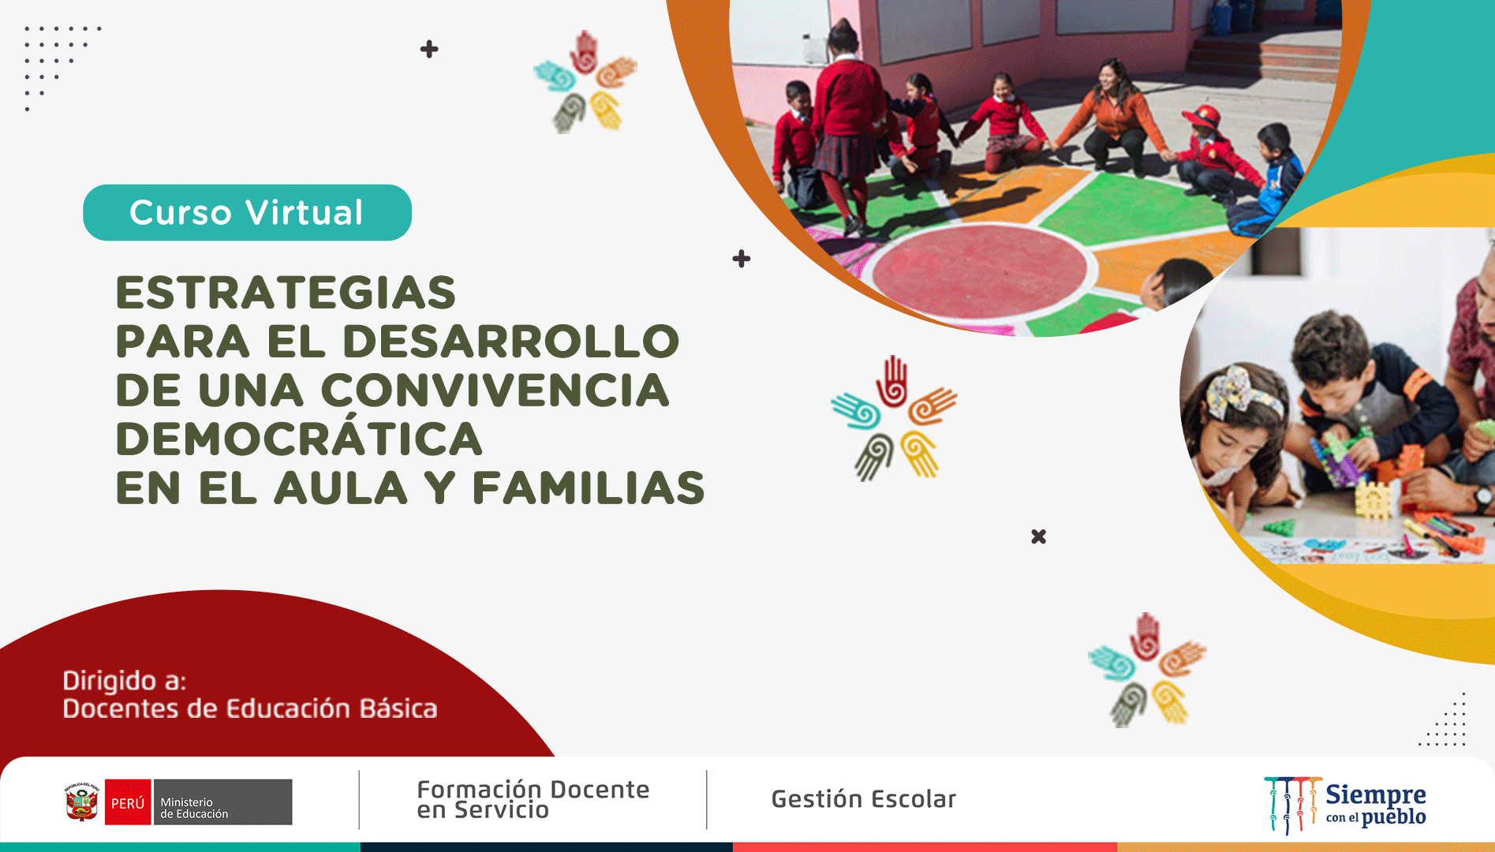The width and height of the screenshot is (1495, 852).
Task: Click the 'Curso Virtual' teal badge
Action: (247, 212)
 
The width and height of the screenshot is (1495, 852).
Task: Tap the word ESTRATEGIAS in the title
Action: (286, 293)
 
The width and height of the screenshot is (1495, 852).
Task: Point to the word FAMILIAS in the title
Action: (589, 488)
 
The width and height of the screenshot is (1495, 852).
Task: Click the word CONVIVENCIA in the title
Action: (495, 390)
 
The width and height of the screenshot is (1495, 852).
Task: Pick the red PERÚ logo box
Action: (128, 802)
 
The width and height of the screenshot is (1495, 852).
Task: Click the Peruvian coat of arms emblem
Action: (82, 802)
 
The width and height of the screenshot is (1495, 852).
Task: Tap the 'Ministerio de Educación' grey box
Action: (222, 802)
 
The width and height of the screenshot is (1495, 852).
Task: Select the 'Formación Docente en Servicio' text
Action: (533, 799)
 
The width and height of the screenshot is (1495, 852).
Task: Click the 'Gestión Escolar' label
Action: (864, 799)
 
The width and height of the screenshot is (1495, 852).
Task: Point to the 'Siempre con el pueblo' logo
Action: (1345, 804)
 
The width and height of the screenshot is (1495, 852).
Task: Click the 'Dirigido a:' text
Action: (125, 680)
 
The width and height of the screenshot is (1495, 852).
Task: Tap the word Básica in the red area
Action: (398, 708)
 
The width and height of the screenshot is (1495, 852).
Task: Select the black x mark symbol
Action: (1038, 536)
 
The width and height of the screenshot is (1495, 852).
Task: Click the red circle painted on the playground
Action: (980, 271)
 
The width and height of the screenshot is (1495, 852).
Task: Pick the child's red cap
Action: (1202, 117)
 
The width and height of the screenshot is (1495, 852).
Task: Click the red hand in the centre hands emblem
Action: (892, 382)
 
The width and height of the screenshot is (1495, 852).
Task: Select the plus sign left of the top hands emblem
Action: (429, 50)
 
